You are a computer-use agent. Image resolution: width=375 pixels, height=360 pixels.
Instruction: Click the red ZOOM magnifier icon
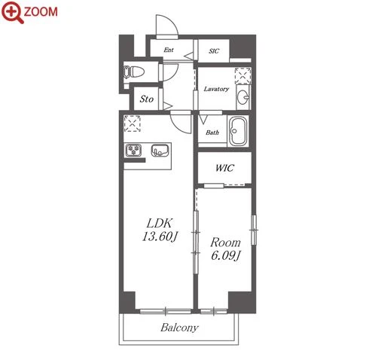[13, 12]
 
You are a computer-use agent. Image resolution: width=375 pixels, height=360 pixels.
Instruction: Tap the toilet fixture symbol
[134, 72]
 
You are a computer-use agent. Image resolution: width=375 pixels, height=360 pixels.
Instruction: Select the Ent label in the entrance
[169, 50]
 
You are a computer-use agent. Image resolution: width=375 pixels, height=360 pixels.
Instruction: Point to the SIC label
[214, 51]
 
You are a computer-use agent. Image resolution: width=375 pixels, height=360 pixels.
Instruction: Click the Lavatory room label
[216, 89]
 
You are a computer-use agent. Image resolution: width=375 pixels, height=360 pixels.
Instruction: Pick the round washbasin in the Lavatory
[243, 96]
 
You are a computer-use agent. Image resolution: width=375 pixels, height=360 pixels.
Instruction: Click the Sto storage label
[147, 99]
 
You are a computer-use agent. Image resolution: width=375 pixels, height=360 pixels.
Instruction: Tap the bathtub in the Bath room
[238, 131]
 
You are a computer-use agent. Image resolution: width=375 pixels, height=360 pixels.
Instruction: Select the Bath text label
[212, 133]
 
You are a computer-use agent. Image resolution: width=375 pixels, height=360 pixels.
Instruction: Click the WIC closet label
[224, 168]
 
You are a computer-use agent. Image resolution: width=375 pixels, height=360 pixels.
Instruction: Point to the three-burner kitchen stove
[133, 150]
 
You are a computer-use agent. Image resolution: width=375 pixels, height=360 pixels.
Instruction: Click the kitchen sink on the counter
[160, 150]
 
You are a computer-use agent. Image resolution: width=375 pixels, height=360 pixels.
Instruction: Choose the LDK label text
[160, 223]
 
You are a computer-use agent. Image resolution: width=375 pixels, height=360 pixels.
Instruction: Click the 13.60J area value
[160, 236]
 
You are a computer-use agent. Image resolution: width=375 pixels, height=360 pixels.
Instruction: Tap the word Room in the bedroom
[225, 243]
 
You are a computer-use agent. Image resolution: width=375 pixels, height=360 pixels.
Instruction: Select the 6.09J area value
[226, 255]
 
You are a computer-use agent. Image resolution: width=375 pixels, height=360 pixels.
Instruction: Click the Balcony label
[179, 328]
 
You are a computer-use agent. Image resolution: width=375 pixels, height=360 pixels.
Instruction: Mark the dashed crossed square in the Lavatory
[242, 75]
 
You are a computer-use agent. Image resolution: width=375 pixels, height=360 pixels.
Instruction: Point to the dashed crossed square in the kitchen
[133, 124]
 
